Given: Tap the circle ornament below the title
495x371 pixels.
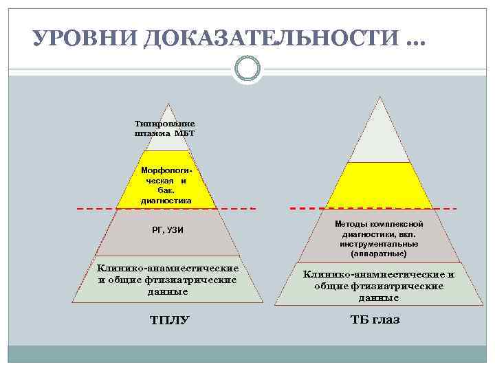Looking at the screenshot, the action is pos(247,69).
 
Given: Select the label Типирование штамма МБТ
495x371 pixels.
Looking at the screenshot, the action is pos(165,128).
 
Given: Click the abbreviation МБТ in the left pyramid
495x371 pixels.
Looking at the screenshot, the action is pos(185,133).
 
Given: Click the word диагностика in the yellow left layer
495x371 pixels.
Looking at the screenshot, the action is pos(166,201).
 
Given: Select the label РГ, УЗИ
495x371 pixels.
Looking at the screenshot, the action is pos(167,229).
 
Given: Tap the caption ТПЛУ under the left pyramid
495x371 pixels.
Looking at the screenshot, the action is pos(169,319).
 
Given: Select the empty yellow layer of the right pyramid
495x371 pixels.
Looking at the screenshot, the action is pos(377,185).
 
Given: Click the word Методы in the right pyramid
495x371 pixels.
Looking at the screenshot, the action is pos(352,225).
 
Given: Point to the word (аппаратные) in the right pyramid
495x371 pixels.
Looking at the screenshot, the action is pos(378,254).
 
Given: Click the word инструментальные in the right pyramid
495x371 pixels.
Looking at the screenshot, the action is pos(378,244).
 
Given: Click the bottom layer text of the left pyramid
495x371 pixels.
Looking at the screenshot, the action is pos(168,280).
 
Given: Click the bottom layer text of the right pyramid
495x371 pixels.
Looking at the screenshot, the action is pos(379,286).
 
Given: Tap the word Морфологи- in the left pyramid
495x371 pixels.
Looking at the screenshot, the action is pos(166,169).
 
